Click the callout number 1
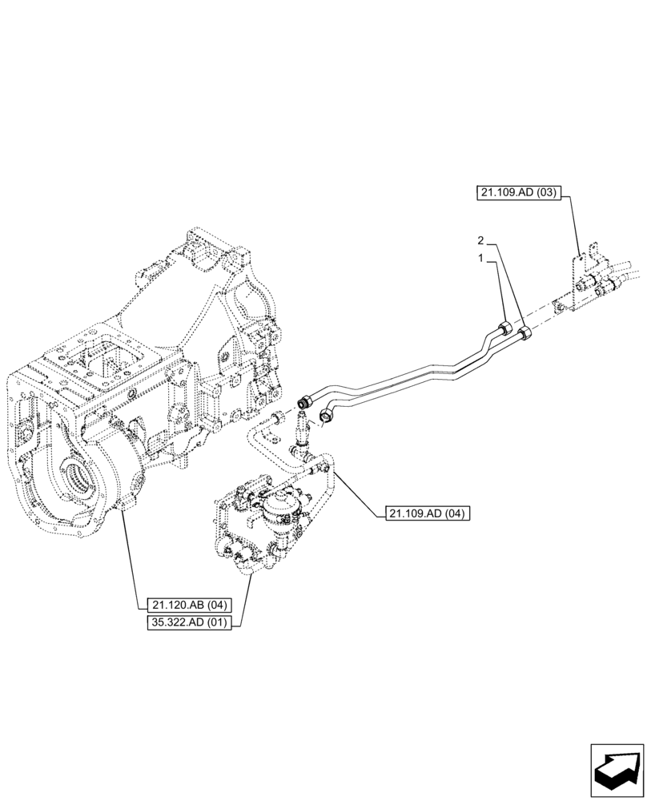(480, 259)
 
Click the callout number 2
(480, 240)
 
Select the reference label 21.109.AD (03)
(519, 192)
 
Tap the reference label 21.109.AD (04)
(428, 513)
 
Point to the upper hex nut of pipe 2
(524, 334)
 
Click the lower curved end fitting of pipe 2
(328, 413)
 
